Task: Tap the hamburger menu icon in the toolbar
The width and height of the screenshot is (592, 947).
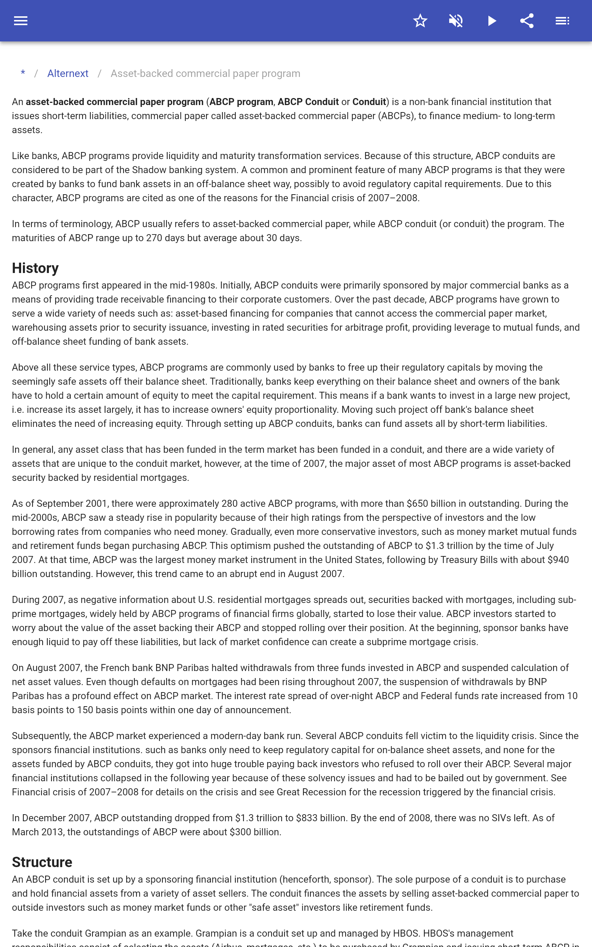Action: click(x=21, y=21)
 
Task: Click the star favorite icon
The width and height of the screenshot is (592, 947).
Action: click(x=420, y=21)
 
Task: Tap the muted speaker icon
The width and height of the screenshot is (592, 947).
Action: click(x=456, y=21)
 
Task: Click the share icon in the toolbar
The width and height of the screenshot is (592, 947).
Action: click(x=527, y=21)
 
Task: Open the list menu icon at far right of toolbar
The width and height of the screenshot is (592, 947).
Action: click(x=562, y=21)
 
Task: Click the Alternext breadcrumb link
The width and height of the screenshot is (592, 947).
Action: click(x=68, y=74)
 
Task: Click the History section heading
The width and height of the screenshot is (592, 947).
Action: click(x=35, y=268)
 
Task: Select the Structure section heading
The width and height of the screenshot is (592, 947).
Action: click(x=42, y=862)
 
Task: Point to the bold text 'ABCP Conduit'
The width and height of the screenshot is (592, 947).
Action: click(x=308, y=102)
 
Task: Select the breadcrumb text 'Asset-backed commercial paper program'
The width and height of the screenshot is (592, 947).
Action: click(x=205, y=74)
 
